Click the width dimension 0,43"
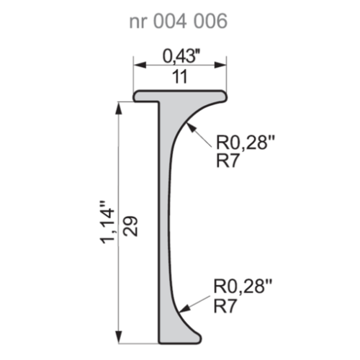point(179,54)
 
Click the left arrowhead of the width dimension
point(137,66)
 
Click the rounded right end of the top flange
point(224,96)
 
